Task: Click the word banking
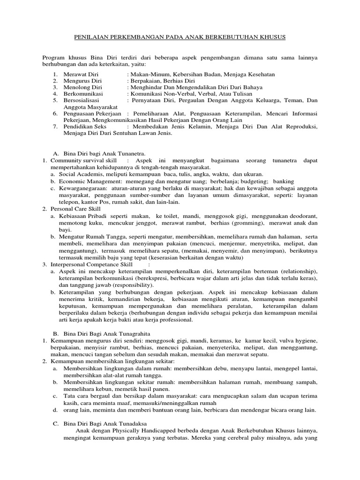tap(284, 181)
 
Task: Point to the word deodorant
tap(300, 216)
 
